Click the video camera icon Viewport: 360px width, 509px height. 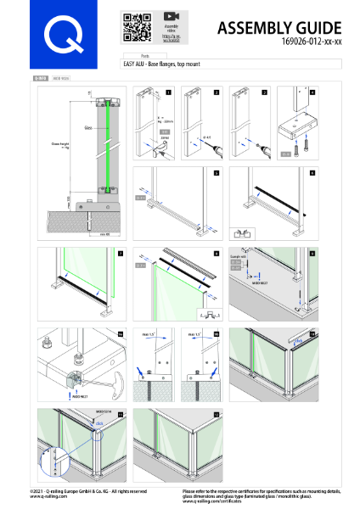pos(171,17)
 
